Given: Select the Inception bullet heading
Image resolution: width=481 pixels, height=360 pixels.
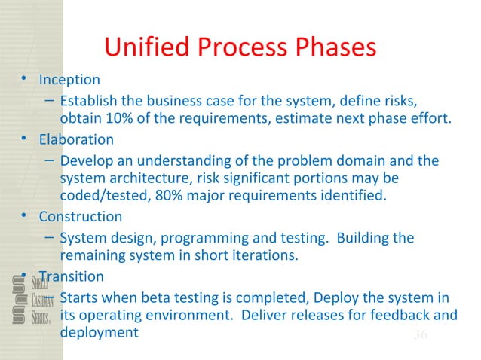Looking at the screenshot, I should tap(69, 79).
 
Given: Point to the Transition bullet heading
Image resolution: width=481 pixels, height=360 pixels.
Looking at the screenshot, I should tap(74, 276).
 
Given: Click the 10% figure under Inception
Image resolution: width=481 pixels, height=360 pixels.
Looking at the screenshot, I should tap(112, 118).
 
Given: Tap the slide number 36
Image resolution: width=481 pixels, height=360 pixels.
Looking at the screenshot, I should tap(420, 334).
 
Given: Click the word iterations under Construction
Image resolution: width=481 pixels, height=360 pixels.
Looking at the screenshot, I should tap(268, 255).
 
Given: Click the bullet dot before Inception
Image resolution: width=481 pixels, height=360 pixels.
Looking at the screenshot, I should tap(25, 79).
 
